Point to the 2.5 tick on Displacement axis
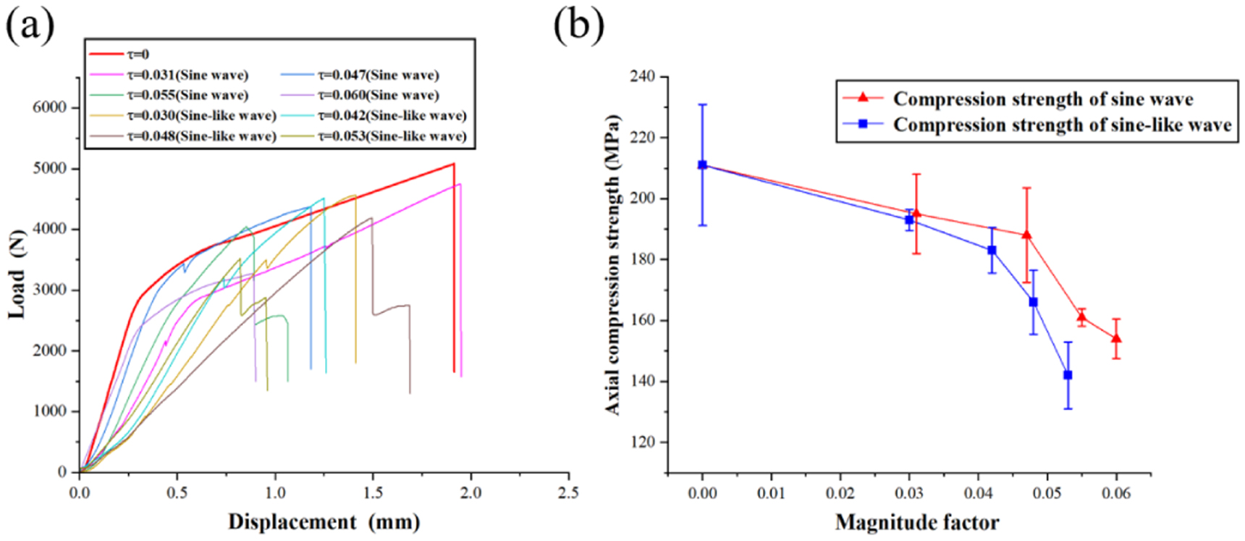[x=568, y=492]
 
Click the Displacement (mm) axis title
[x=324, y=521]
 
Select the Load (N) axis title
[x=17, y=274]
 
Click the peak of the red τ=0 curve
[x=454, y=164]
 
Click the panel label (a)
[x=30, y=25]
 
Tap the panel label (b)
[x=578, y=25]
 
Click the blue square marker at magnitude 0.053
[x=1068, y=375]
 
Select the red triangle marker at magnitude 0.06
[x=1116, y=338]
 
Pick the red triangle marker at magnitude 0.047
[x=1026, y=235]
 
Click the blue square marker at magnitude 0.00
[x=702, y=165]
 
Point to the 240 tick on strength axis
[x=643, y=77]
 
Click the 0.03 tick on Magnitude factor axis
[x=909, y=493]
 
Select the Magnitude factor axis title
[x=916, y=522]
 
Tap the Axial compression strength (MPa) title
[x=612, y=264]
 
